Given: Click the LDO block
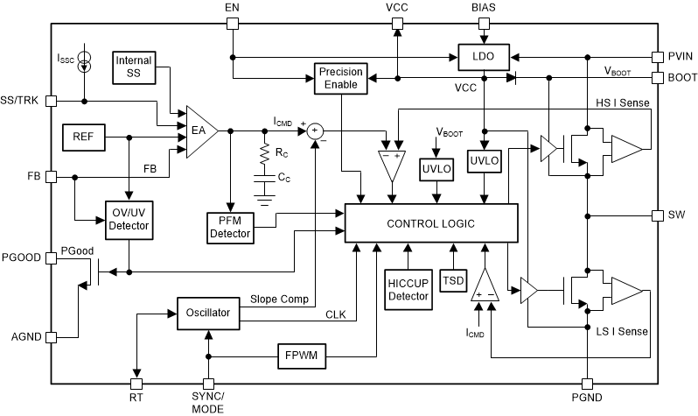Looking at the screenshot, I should (x=483, y=59).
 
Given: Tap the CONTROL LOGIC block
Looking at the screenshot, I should (x=431, y=224).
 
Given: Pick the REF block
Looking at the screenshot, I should (x=84, y=136).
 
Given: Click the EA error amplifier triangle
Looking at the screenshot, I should (x=200, y=130).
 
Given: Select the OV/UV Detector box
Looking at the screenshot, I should (x=129, y=219).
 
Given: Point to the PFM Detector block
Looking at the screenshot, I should (x=230, y=227).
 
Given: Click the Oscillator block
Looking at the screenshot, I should (x=207, y=313).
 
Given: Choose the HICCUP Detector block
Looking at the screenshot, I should (x=408, y=289).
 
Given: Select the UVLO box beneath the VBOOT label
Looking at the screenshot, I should (x=435, y=168).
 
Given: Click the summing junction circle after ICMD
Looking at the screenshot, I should (x=314, y=130).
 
